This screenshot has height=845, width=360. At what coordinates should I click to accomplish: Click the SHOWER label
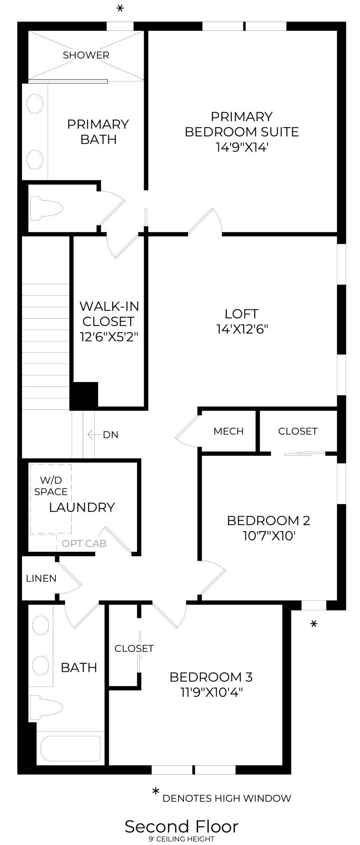point(86,55)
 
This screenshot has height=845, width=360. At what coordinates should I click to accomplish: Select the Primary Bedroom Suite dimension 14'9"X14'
point(242,147)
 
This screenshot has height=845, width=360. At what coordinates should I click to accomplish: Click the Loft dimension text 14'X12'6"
point(242,329)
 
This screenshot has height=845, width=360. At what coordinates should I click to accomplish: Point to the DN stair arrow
point(94,435)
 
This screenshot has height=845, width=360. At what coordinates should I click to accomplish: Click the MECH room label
point(228,431)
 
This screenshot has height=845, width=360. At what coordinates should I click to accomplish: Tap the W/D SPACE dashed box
point(51,499)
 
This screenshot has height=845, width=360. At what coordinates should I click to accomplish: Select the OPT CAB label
point(84,544)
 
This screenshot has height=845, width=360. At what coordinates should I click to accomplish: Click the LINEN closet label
point(41,578)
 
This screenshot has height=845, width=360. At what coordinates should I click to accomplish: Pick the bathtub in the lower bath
point(70,748)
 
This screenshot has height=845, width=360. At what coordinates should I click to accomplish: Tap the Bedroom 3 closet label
point(134,648)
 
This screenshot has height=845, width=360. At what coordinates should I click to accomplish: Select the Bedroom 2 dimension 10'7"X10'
point(268,536)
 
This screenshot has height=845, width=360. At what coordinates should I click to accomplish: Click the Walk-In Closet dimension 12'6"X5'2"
point(109,337)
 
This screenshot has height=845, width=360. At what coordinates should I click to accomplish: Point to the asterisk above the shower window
point(120,9)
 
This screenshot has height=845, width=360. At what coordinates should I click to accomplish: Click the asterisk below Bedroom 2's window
point(314,624)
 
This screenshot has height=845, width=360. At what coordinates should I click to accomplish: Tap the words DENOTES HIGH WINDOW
point(227,798)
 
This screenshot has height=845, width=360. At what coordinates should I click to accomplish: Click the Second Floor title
point(181,827)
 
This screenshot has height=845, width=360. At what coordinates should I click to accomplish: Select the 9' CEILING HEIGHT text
point(181,839)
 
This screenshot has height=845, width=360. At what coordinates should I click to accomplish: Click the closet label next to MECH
point(298,431)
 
